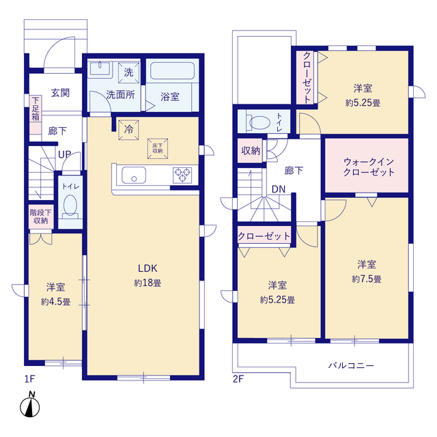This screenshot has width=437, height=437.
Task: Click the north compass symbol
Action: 29,405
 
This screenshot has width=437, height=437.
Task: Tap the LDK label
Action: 147,268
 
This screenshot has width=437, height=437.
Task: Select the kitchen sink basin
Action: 134,175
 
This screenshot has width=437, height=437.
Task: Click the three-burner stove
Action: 182,175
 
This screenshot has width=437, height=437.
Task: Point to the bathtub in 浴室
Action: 172,70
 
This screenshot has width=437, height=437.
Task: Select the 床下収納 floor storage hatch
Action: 158,149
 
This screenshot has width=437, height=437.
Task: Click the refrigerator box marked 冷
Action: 128,130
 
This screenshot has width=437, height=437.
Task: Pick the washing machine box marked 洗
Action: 128,73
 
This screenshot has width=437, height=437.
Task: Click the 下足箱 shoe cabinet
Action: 36,115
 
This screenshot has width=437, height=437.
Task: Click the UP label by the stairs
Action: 65,154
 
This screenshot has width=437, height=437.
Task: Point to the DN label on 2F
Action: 279,189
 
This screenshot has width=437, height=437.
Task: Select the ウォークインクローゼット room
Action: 367,165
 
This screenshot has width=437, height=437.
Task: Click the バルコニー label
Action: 351,365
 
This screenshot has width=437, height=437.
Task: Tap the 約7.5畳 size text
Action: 367,279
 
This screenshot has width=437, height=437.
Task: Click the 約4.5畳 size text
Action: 56,302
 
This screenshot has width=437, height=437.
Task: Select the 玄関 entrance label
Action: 60,93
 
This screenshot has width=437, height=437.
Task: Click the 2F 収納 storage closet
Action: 251,151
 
